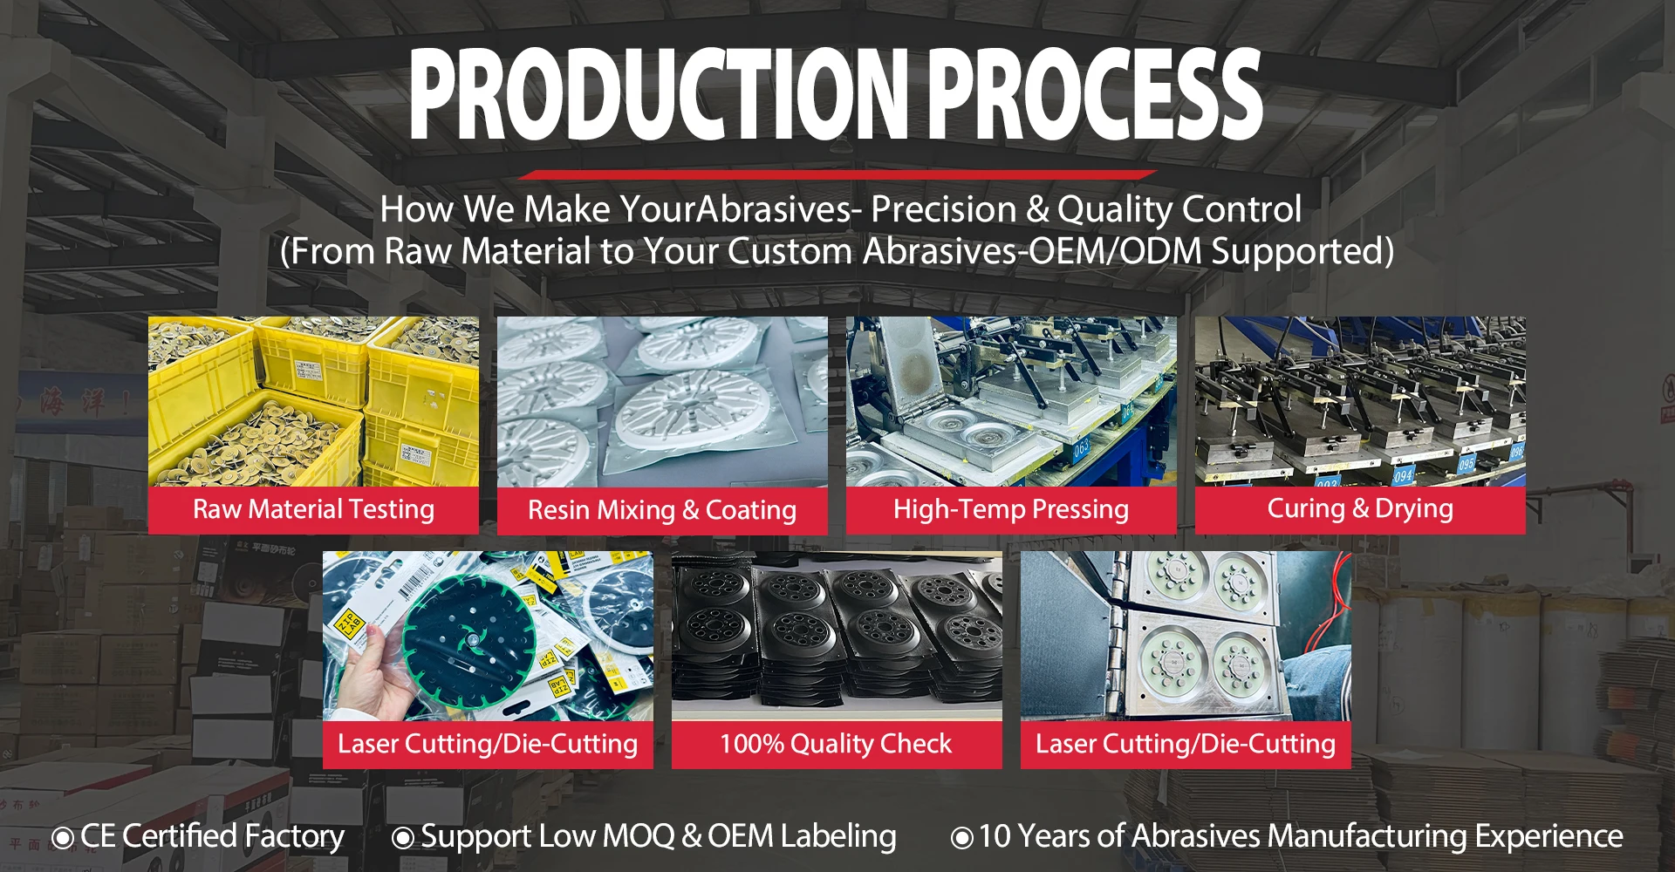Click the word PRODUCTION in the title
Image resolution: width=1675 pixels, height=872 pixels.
[x=660, y=94]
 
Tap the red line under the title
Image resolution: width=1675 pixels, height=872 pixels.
[x=837, y=174]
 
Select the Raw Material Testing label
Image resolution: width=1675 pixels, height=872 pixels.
[x=313, y=509]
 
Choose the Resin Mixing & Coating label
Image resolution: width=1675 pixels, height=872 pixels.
[x=662, y=510]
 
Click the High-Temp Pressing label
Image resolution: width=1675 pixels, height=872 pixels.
[x=1011, y=509]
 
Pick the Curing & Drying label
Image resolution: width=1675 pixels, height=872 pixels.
[x=1360, y=508]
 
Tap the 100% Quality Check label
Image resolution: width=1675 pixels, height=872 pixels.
[x=836, y=744]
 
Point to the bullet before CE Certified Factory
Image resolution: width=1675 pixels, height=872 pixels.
[x=63, y=839]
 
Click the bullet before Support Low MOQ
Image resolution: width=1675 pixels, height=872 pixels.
[x=403, y=839]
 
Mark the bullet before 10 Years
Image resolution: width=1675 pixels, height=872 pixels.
[x=961, y=839]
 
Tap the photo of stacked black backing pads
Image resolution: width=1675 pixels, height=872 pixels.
[x=837, y=637]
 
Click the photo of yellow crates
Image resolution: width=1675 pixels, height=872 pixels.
[x=313, y=402]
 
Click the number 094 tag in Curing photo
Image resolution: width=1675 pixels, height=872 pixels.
[x=1402, y=476]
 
